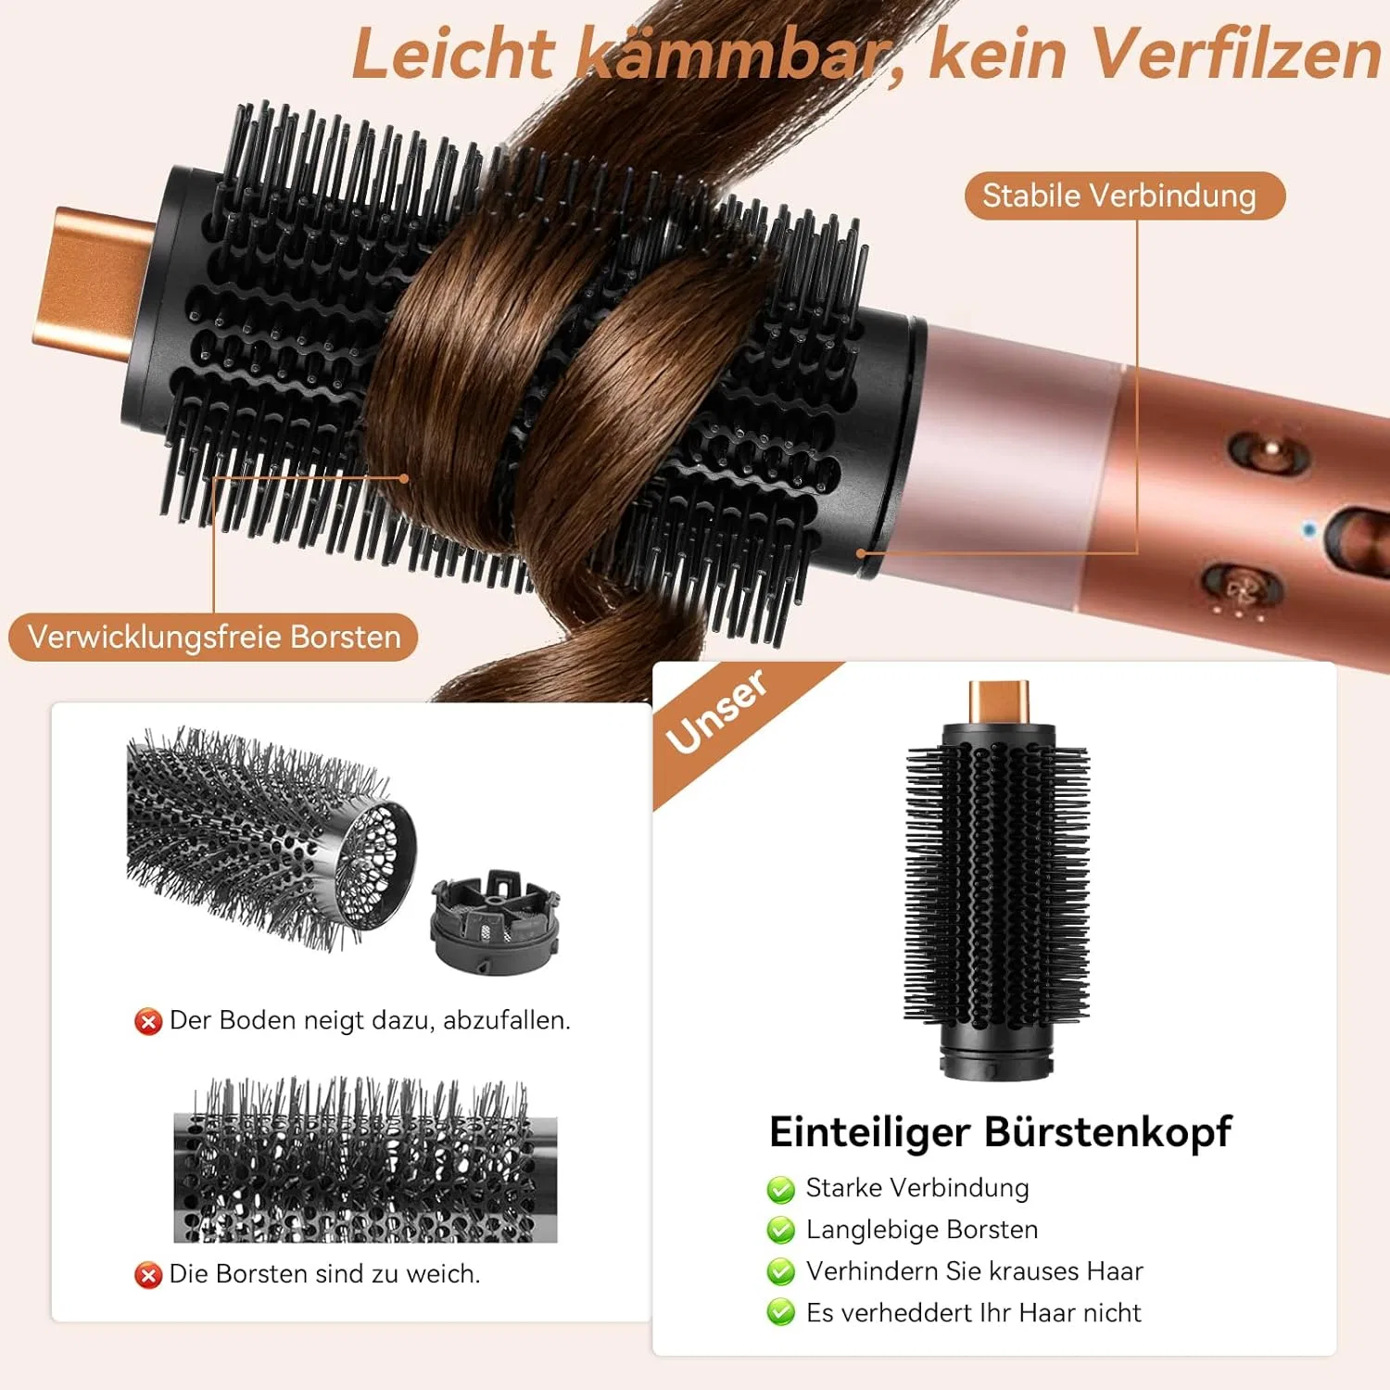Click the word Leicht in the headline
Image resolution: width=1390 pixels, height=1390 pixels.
[453, 54]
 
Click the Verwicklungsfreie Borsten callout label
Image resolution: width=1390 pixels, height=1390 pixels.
[214, 637]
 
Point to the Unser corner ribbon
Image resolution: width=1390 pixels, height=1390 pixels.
[718, 712]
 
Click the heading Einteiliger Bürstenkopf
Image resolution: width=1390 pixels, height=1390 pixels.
[1001, 1131]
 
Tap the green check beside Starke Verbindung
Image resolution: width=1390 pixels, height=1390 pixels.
[781, 1189]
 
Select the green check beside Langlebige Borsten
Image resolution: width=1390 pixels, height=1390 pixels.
[781, 1231]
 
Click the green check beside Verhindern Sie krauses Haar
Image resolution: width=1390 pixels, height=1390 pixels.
[781, 1271]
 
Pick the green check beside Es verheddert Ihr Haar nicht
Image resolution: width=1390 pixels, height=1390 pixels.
[781, 1313]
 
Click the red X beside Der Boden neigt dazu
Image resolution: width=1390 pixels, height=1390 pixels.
[148, 1021]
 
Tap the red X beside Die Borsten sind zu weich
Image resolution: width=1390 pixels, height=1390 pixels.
[148, 1275]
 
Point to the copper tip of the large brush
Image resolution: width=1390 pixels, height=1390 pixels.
[93, 282]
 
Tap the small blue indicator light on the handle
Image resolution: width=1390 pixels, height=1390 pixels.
[1308, 530]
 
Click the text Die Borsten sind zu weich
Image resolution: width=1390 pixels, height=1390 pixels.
[324, 1274]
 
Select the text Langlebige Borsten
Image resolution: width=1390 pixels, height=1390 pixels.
[922, 1230]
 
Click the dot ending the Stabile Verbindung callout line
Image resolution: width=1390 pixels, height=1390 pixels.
[861, 553]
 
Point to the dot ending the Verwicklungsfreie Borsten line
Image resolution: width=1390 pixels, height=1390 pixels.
[404, 478]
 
